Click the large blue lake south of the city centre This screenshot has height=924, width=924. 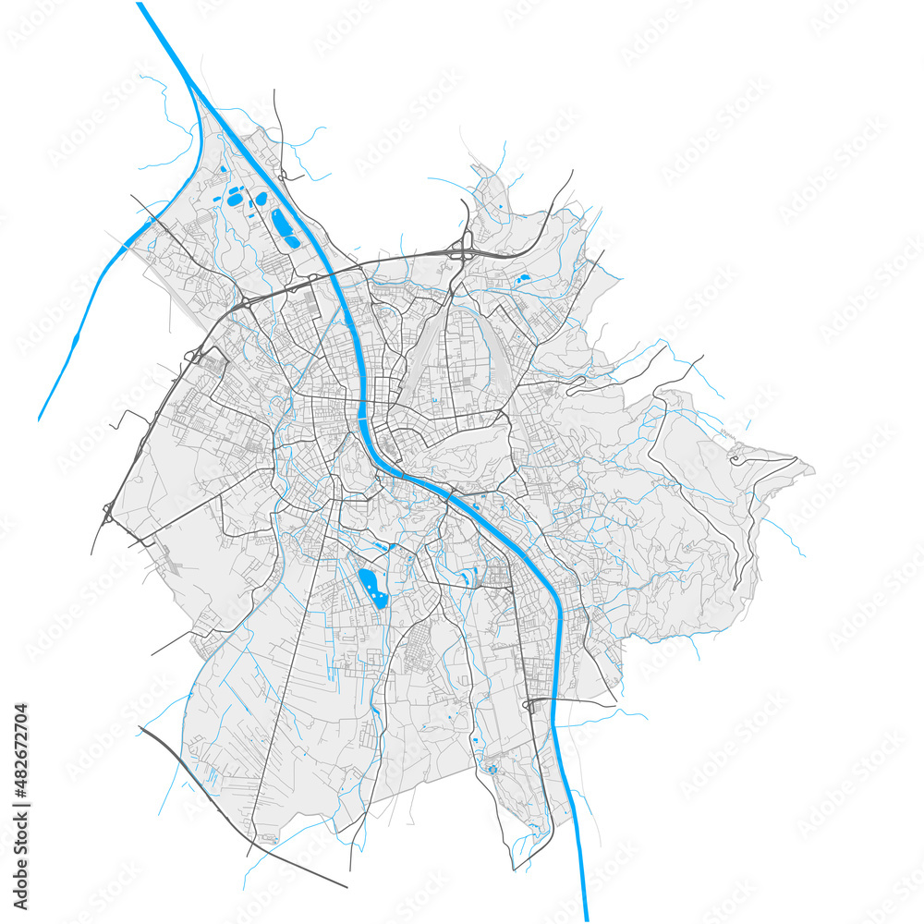(x=373, y=587)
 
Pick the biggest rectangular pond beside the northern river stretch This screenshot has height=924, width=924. (x=283, y=226)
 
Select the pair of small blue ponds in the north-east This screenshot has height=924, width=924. (x=522, y=277)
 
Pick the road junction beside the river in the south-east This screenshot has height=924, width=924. (x=529, y=705)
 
